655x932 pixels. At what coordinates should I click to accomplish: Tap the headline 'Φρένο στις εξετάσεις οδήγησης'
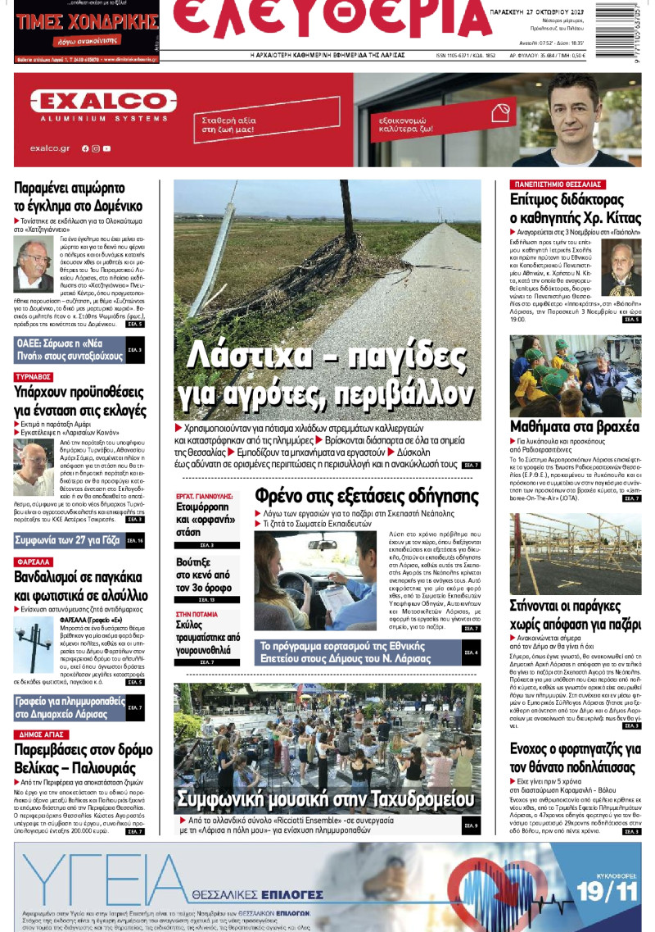366,496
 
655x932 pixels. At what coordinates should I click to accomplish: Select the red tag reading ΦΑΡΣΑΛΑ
34,561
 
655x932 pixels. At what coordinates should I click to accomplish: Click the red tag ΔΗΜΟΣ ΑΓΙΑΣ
40,734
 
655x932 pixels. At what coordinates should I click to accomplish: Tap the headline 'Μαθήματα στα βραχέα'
562,426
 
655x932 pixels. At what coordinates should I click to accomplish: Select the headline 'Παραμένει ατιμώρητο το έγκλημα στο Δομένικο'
79,195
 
